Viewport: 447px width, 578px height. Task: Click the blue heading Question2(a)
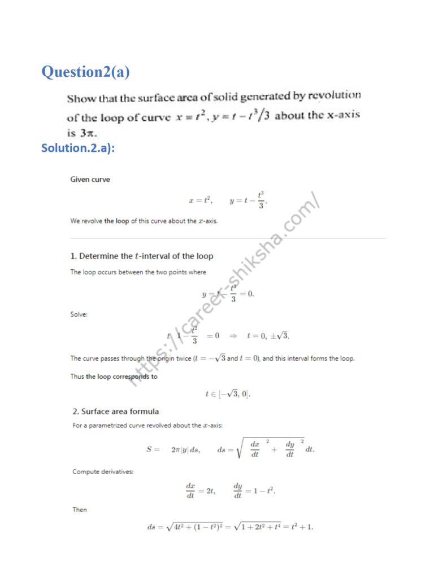[86, 72]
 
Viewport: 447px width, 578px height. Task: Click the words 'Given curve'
[90, 179]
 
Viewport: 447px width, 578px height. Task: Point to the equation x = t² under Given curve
[200, 200]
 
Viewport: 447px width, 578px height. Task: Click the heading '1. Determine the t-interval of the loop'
[141, 256]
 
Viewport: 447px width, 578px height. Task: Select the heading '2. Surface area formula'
[115, 411]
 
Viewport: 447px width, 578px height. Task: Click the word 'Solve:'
[79, 314]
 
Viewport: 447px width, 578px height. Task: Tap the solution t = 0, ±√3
[268, 336]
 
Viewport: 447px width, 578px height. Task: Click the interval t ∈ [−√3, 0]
[228, 394]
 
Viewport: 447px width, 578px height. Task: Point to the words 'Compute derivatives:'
[103, 471]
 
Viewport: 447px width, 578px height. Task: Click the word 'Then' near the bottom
[80, 509]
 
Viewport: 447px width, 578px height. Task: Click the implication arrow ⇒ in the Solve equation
[232, 336]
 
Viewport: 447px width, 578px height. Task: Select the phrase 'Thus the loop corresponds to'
[114, 376]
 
